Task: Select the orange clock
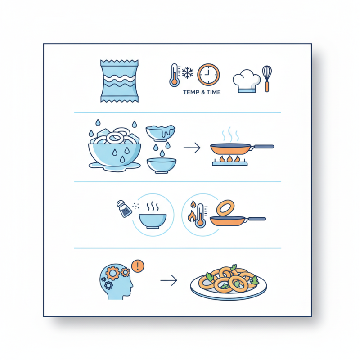coord(209,75)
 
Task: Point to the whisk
coord(267,78)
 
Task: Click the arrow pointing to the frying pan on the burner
coord(192,148)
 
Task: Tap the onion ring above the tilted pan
coord(225,208)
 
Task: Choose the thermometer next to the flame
coord(200,215)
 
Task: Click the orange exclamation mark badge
coord(139,266)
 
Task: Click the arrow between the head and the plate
coord(169,281)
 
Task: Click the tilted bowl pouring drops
coord(161,133)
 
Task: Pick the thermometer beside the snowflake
coord(174,74)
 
